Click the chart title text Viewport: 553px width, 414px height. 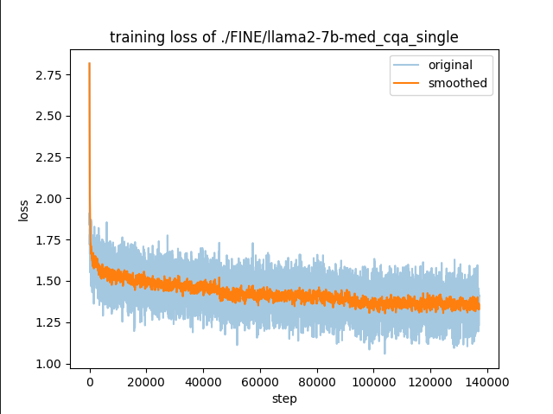[283, 37]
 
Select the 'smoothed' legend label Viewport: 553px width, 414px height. [458, 83]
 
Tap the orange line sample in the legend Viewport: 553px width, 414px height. [409, 83]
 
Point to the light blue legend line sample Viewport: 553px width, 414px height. [409, 66]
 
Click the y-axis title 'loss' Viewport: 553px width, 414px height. [23, 210]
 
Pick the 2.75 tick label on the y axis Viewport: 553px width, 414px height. [49, 75]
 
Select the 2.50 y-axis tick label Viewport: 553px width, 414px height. [49, 117]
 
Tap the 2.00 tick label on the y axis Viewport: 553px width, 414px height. [49, 199]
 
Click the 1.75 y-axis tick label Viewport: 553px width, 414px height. [49, 240]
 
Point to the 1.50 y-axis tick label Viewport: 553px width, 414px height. [49, 282]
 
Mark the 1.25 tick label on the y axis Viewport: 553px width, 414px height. [49, 322]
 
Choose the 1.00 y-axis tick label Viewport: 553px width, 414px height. [49, 364]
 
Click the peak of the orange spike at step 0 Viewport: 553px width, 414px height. [89, 63]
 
